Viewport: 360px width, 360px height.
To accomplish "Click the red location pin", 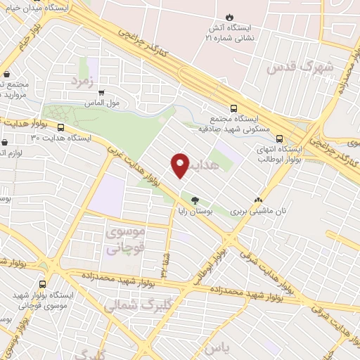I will coord(181,165).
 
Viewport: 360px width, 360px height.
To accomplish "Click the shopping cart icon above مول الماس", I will coord(103,91).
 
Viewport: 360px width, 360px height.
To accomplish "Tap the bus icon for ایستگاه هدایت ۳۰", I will coord(61,128).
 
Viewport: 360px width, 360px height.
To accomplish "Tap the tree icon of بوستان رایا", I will coord(195,200).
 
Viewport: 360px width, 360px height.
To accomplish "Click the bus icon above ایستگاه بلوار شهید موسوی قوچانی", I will coord(44,284).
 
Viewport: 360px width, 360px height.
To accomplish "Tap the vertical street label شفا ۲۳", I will coord(165,261).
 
